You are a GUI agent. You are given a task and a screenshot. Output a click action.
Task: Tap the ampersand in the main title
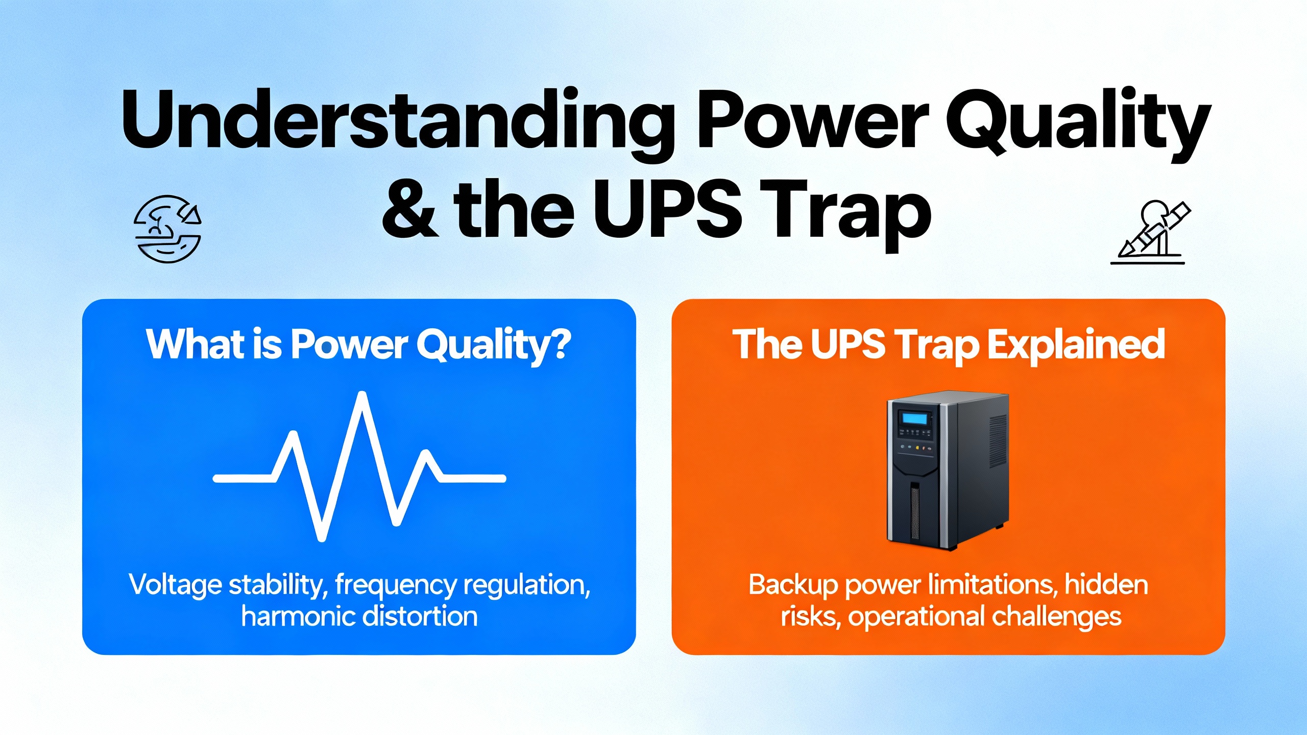(409, 209)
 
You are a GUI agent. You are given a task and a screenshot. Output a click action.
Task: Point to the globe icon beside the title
(167, 229)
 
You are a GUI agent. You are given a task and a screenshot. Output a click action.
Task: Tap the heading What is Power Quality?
(358, 345)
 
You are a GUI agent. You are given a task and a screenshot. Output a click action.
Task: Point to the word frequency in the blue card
(396, 585)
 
